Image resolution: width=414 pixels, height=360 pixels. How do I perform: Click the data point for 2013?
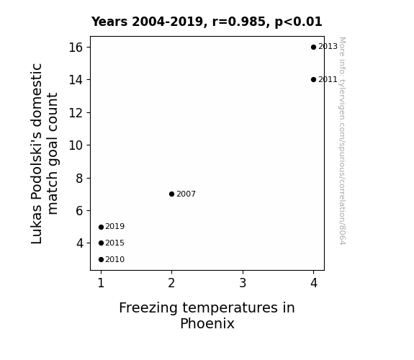pos(313,48)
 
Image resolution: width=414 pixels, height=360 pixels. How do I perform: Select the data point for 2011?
pos(313,79)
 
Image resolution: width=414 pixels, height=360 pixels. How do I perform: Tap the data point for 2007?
pos(171,194)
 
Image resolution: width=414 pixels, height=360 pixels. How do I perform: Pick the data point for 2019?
pos(101,227)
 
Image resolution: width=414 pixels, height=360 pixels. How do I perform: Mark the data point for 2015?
pos(101,243)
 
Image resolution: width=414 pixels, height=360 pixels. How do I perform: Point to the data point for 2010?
pos(101,260)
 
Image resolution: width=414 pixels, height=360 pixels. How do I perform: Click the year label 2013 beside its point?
pos(328,47)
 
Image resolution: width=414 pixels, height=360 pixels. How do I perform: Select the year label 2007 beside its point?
pos(186,194)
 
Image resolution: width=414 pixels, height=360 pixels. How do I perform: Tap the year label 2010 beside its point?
pos(115,260)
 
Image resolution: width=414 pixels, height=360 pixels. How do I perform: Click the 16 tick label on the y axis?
pos(76,48)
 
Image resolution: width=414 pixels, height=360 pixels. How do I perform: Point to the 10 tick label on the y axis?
pos(76,145)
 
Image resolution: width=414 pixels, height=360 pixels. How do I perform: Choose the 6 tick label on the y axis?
pos(79,211)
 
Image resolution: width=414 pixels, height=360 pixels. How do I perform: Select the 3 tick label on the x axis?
pos(243,283)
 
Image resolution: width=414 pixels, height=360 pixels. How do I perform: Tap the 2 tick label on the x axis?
pos(171,283)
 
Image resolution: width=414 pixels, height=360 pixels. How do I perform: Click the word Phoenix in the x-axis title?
pos(207,323)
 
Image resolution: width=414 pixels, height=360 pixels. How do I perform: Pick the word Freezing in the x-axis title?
pos(148,308)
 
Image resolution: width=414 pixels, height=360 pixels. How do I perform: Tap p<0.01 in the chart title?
pos(298,22)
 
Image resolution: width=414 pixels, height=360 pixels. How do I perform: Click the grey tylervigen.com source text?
pos(342,141)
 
